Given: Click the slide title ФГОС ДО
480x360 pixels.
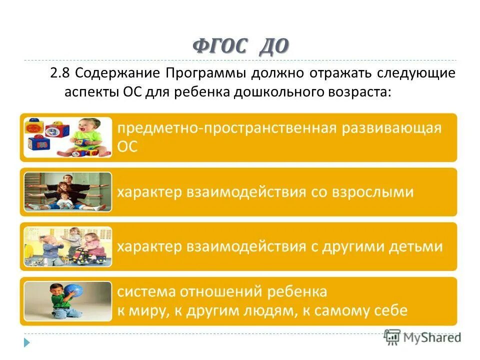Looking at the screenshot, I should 240,46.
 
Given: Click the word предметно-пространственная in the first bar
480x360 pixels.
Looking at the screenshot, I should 225,127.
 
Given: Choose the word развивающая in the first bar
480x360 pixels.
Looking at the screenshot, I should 392,127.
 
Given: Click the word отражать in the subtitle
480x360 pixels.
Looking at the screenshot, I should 340,74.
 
